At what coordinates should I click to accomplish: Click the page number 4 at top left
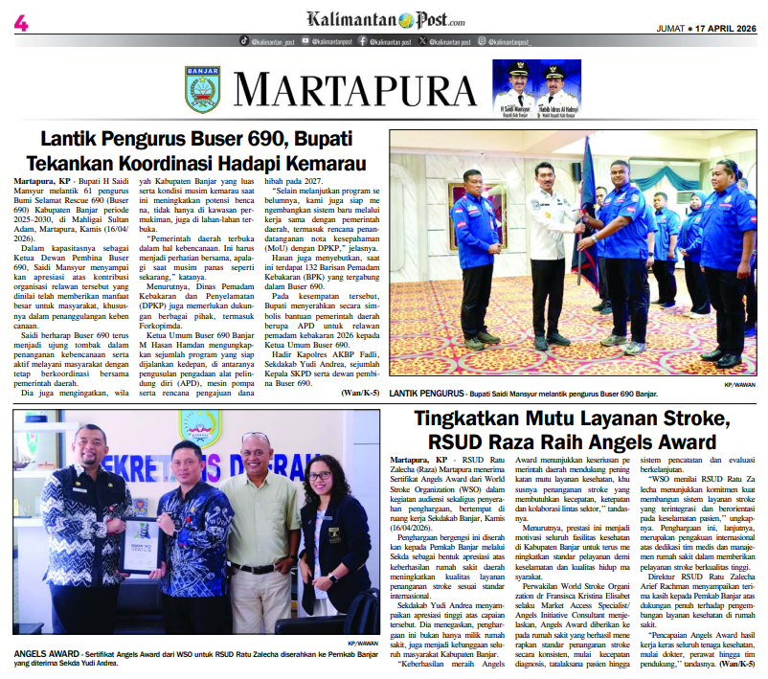click(x=20, y=20)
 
